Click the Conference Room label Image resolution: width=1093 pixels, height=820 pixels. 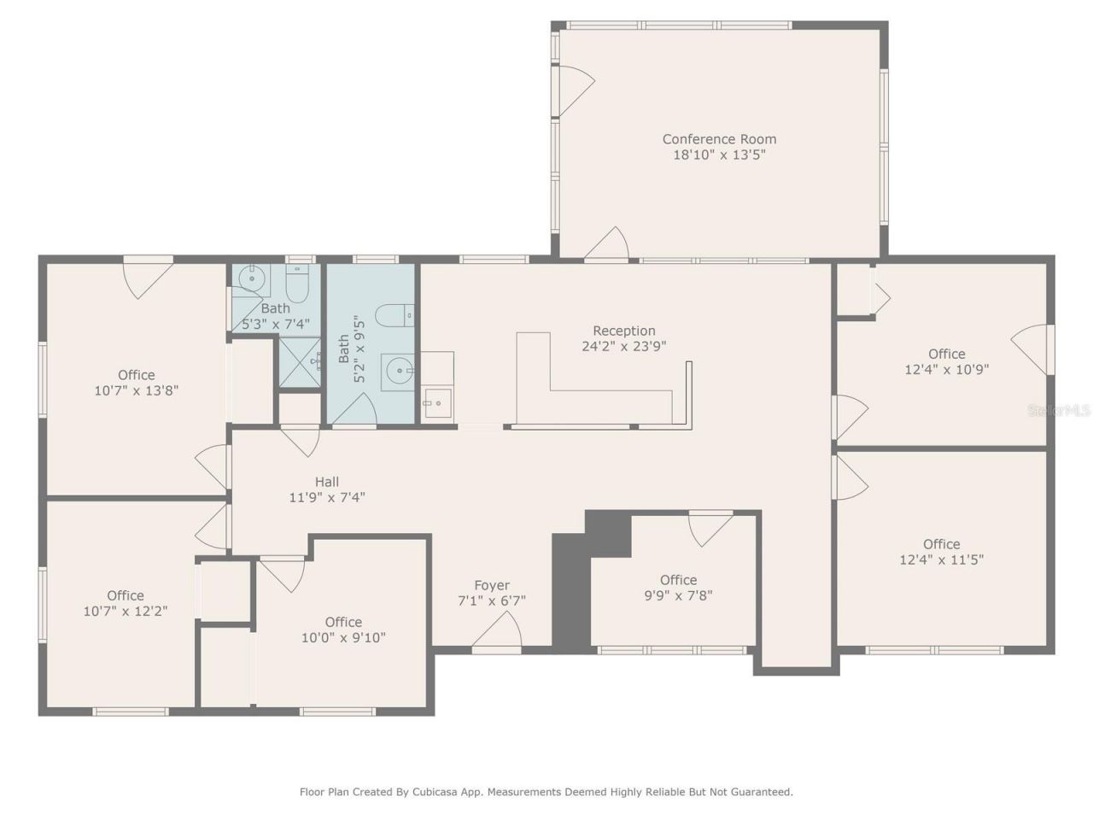click(719, 139)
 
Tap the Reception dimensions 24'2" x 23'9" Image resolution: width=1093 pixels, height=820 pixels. click(624, 347)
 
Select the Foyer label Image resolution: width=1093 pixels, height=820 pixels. click(492, 585)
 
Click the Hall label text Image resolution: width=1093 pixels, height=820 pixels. click(327, 482)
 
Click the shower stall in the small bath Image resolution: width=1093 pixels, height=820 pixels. click(300, 362)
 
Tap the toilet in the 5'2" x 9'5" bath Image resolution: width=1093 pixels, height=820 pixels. click(395, 316)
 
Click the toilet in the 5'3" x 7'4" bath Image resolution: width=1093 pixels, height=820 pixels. click(296, 281)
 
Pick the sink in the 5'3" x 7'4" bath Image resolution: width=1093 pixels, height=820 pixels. click(252, 278)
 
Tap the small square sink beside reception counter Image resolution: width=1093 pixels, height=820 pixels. click(436, 402)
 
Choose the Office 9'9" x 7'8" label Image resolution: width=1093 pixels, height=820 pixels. click(678, 580)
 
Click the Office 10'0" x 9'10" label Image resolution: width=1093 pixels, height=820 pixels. click(343, 622)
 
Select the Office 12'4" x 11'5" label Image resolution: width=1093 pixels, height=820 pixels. click(941, 544)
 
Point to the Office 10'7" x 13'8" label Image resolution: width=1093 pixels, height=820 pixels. click(137, 375)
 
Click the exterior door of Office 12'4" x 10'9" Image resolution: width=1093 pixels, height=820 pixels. click(1032, 349)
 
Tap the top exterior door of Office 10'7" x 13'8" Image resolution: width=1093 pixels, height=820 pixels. click(149, 277)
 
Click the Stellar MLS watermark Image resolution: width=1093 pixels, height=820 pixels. click(1059, 411)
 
